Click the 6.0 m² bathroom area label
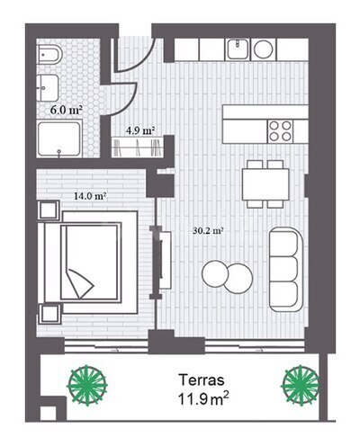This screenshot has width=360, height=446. pyautogui.click(x=67, y=110)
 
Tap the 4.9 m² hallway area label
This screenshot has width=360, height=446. pyautogui.click(x=140, y=130)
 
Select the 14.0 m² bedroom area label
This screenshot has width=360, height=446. pyautogui.click(x=90, y=196)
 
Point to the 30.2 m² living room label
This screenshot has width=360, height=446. pyautogui.click(x=209, y=231)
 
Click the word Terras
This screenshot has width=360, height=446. pyautogui.click(x=202, y=379)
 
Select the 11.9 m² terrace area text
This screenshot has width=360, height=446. pyautogui.click(x=203, y=399)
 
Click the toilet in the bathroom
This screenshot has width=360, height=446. pyautogui.click(x=49, y=55)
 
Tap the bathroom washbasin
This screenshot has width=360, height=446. pyautogui.click(x=48, y=88)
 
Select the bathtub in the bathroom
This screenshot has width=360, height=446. pyautogui.click(x=59, y=138)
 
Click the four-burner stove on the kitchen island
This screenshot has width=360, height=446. pyautogui.click(x=280, y=130)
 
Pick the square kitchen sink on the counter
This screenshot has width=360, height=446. pyautogui.click(x=238, y=49)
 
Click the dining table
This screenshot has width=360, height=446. pyautogui.click(x=265, y=184)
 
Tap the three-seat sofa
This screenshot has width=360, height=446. pyautogui.click(x=286, y=270)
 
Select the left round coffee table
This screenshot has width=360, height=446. pyautogui.click(x=215, y=274)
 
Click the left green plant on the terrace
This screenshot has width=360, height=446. pyautogui.click(x=87, y=385)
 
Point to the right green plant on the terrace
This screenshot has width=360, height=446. pyautogui.click(x=301, y=385)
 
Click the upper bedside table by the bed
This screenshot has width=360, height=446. pyautogui.click(x=49, y=210)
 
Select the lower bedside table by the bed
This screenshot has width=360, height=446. pyautogui.click(x=49, y=314)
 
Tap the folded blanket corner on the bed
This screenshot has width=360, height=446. pyautogui.click(x=79, y=283)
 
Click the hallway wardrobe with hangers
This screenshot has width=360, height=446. pyautogui.click(x=138, y=147)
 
